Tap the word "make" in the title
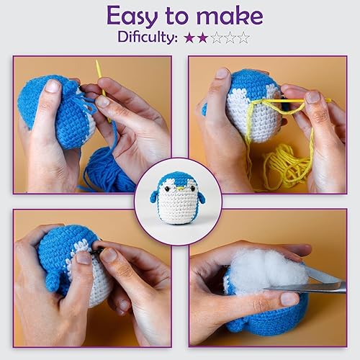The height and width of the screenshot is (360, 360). pos(231,15)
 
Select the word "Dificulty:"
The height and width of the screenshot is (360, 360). pos(143,37)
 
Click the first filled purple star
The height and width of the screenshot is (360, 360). pos(189,37)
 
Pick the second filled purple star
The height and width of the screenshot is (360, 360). pos(203,37)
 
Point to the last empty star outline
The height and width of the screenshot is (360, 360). pos(243,37)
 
